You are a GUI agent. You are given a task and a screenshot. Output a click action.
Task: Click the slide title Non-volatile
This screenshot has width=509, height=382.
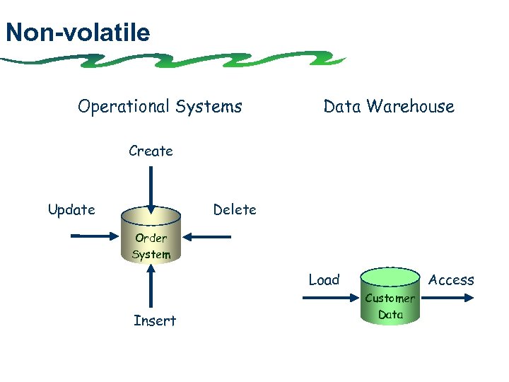pos(77,33)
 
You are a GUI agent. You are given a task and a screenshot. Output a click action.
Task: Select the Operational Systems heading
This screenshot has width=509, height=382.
pos(160,107)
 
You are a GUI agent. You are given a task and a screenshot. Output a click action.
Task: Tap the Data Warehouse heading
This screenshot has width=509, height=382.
pos(388,107)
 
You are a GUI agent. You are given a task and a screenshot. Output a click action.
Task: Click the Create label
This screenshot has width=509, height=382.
pos(151,151)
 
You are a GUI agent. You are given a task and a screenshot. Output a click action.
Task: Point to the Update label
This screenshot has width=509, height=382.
pos(71,209)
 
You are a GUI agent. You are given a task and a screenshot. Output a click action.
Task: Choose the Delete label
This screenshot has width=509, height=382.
pos(235,209)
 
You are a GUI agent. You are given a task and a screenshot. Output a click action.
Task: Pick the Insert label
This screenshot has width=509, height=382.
pos(155,321)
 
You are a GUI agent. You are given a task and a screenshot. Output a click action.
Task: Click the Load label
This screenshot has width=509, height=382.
pos(324,279)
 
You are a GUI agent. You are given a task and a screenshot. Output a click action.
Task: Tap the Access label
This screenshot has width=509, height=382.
pos(451,280)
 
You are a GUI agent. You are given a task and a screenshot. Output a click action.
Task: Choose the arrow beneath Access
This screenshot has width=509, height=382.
pos(446,298)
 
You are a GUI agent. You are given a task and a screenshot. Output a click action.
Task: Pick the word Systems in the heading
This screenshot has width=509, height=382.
pos(209,107)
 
